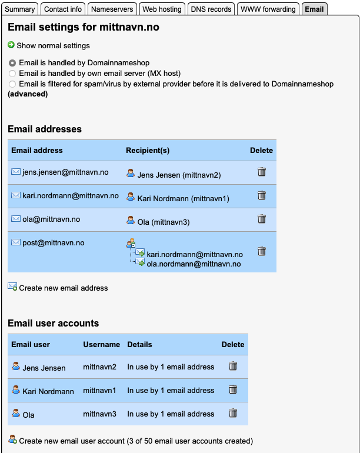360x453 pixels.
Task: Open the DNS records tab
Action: point(211,9)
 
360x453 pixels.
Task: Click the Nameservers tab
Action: point(114,9)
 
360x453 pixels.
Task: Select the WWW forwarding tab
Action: point(268,9)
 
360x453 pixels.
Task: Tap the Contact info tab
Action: point(63,9)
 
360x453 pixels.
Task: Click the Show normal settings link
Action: point(53,45)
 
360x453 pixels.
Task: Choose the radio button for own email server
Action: point(12,74)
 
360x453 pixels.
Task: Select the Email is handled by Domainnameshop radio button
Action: point(12,62)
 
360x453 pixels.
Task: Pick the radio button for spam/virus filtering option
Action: point(12,84)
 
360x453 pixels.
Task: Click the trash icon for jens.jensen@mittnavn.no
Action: point(262,172)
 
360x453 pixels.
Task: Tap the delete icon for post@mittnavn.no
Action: point(262,251)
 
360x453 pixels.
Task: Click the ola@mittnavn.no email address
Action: point(51,219)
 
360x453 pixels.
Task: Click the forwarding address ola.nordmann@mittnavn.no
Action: point(194,264)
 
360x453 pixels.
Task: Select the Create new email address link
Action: point(63,288)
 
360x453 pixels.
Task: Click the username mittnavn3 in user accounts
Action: point(99,414)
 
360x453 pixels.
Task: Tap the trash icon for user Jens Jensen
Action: point(233,366)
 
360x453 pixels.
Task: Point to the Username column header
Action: point(101,345)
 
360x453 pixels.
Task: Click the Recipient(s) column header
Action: point(148,151)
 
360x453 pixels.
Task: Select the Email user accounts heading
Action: point(53,323)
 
